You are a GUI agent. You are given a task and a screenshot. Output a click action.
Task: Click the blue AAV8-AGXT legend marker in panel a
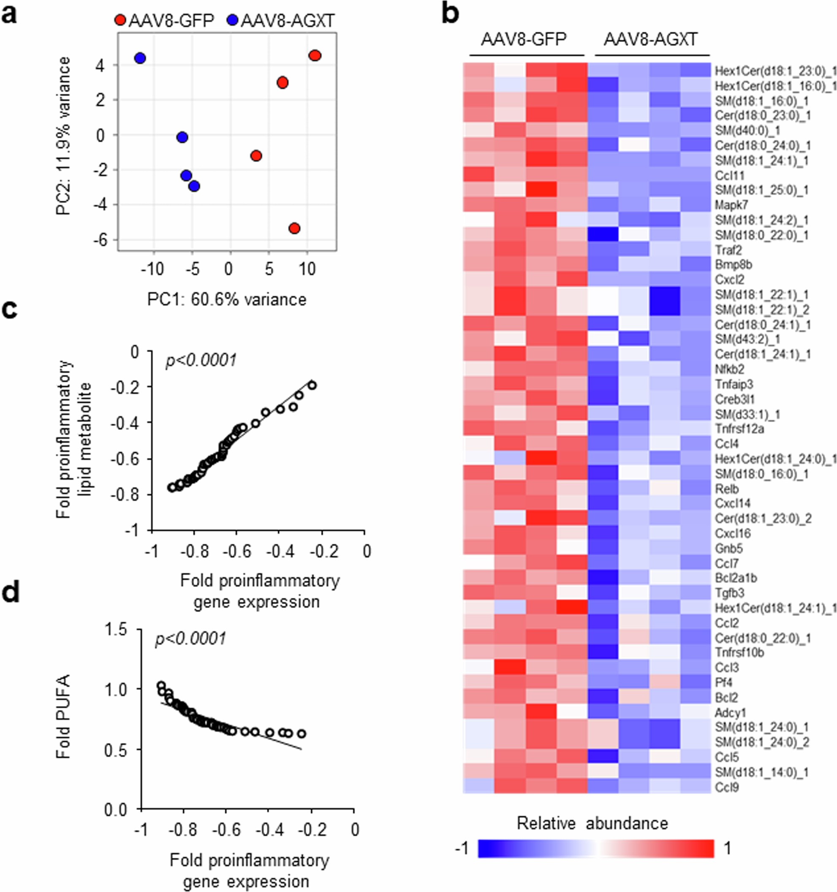[232, 21]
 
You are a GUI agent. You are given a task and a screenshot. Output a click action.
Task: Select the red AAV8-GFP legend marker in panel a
[120, 21]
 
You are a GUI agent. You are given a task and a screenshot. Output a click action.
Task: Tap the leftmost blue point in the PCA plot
[140, 58]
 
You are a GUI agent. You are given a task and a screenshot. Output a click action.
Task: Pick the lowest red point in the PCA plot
[294, 228]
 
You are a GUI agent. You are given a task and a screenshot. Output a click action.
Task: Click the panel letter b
[450, 14]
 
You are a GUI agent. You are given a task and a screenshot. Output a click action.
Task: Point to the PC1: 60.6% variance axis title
[227, 299]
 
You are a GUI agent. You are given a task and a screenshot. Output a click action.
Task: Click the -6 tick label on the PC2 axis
[100, 240]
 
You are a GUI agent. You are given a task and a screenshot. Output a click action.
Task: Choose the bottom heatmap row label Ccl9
[727, 787]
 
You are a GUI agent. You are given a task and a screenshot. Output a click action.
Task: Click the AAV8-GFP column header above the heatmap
[524, 40]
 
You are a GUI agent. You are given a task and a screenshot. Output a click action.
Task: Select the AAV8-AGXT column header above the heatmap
[650, 40]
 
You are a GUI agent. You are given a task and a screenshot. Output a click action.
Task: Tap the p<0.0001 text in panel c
[201, 360]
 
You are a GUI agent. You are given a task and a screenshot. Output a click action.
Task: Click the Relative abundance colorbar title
[592, 823]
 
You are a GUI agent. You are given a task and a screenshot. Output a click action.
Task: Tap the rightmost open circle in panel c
[312, 385]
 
